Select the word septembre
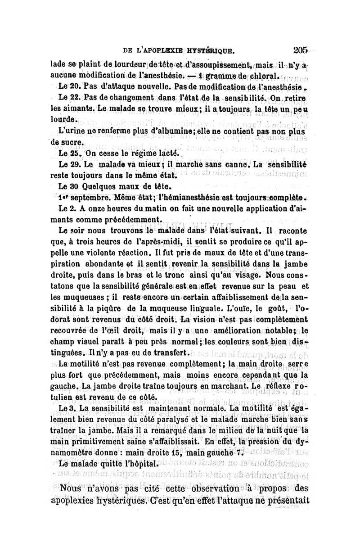[90, 197]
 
